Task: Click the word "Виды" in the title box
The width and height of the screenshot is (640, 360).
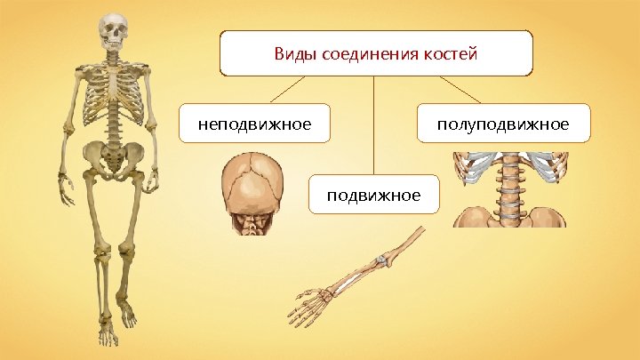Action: tap(293, 55)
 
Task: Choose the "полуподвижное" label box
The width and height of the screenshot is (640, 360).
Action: tap(503, 124)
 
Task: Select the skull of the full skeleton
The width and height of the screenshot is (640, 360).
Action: tap(113, 33)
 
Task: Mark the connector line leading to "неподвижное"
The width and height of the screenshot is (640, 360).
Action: tap(289, 90)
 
